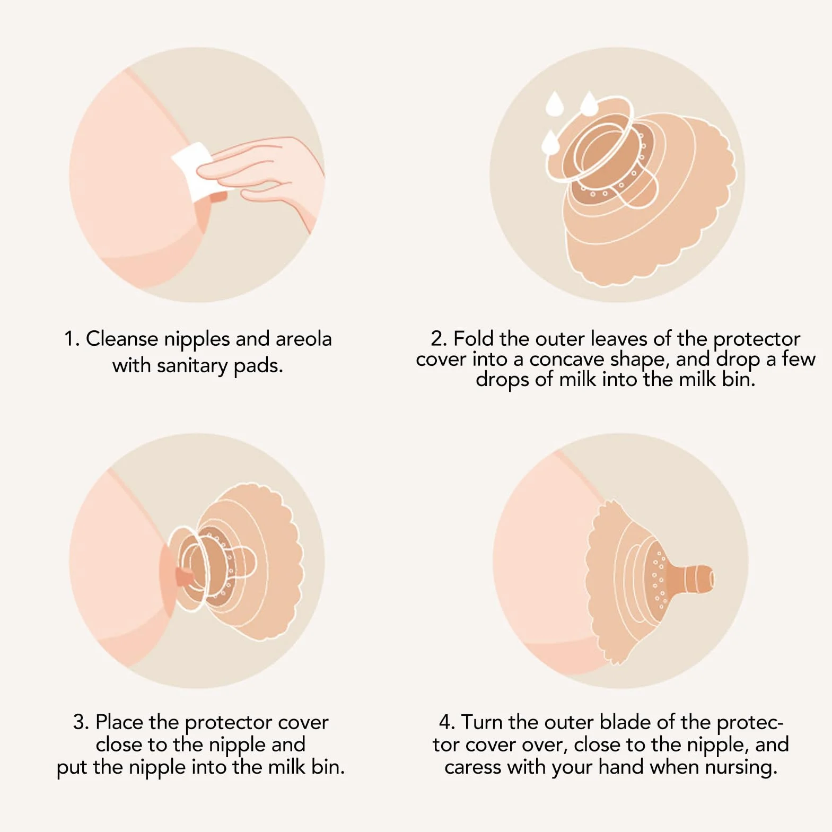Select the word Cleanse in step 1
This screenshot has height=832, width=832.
pyautogui.click(x=121, y=339)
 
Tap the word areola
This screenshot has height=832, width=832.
pyautogui.click(x=303, y=339)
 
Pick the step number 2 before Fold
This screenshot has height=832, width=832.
pyautogui.click(x=439, y=338)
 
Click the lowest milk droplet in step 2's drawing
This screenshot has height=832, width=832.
pyautogui.click(x=550, y=142)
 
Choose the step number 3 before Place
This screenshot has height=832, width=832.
pyautogui.click(x=81, y=722)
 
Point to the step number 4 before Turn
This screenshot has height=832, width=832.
pyautogui.click(x=447, y=722)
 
